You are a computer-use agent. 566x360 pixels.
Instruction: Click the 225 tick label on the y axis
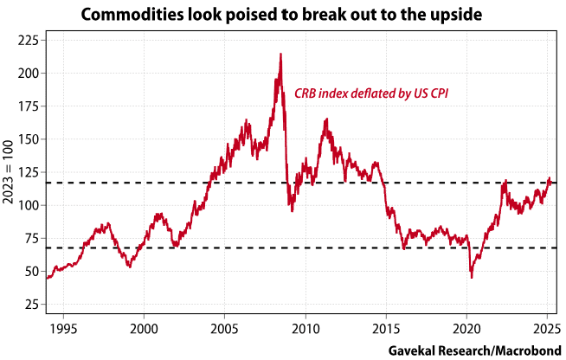(x=28, y=41)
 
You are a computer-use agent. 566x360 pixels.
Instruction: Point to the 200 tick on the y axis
(x=28, y=74)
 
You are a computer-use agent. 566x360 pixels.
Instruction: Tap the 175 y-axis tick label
(x=28, y=106)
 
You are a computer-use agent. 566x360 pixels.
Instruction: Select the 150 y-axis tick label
(x=28, y=139)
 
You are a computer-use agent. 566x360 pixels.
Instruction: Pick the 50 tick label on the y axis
(x=31, y=272)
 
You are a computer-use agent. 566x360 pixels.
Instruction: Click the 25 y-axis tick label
(x=31, y=305)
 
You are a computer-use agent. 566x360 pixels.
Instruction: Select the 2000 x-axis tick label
(x=144, y=328)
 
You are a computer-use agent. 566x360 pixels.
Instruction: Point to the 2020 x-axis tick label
(x=466, y=328)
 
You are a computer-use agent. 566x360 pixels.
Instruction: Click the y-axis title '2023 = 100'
(x=9, y=173)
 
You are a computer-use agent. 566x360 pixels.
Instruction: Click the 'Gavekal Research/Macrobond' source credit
(x=474, y=349)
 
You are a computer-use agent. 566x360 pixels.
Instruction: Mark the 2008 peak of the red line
(x=280, y=55)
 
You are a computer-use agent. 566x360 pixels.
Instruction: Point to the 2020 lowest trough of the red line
(x=472, y=277)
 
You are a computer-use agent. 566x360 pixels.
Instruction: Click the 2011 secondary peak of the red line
(x=325, y=119)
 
